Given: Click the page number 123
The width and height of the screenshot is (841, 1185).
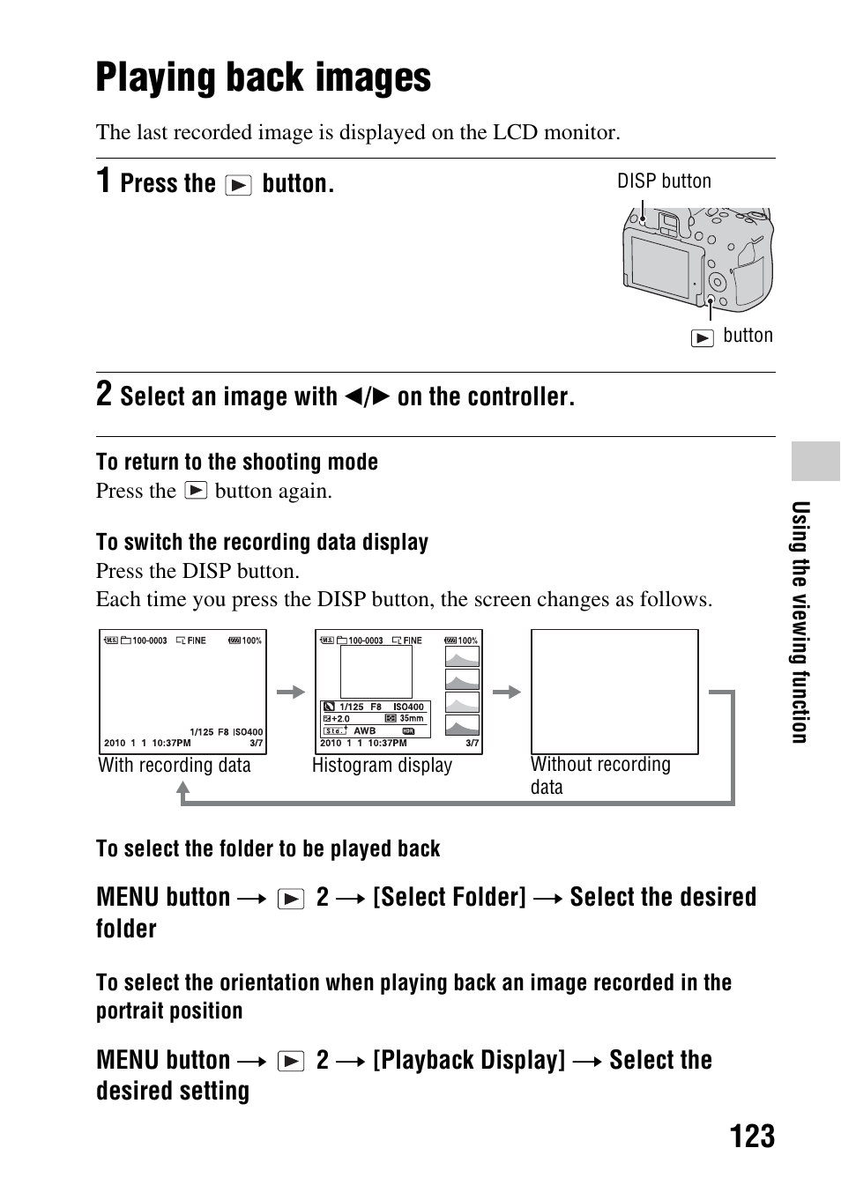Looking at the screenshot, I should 752,1137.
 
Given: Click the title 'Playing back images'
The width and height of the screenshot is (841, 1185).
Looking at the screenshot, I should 263,78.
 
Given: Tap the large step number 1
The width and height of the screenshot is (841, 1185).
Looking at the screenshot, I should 104,181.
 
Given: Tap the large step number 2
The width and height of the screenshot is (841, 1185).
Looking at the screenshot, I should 104,394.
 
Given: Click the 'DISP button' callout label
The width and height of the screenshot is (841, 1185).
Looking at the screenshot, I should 664,181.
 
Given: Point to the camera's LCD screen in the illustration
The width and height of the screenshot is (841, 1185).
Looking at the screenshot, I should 660,263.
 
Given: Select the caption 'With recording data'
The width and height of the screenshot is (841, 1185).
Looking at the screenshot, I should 175,765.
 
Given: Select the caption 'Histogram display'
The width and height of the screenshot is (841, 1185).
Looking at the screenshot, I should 382,765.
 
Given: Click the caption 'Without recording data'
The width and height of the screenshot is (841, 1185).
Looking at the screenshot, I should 599,775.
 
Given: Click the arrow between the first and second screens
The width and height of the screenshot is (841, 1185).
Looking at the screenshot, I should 290,692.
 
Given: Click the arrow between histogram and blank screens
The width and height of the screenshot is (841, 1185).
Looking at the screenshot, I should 507,692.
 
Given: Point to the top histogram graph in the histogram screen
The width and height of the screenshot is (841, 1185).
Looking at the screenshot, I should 462,657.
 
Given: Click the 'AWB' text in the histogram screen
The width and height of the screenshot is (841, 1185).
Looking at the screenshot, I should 365,730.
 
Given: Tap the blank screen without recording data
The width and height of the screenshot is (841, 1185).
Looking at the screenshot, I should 614,692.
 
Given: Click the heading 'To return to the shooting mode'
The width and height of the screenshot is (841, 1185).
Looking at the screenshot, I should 236,462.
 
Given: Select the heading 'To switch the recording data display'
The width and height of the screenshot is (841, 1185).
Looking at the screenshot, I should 262,542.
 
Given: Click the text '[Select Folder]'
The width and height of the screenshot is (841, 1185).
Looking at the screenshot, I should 450,897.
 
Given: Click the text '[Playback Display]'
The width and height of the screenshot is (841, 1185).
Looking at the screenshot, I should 469,1060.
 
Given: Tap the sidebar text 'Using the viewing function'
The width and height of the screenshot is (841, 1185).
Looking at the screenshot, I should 800,622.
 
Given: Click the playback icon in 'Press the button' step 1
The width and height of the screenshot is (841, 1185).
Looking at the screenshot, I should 238,185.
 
